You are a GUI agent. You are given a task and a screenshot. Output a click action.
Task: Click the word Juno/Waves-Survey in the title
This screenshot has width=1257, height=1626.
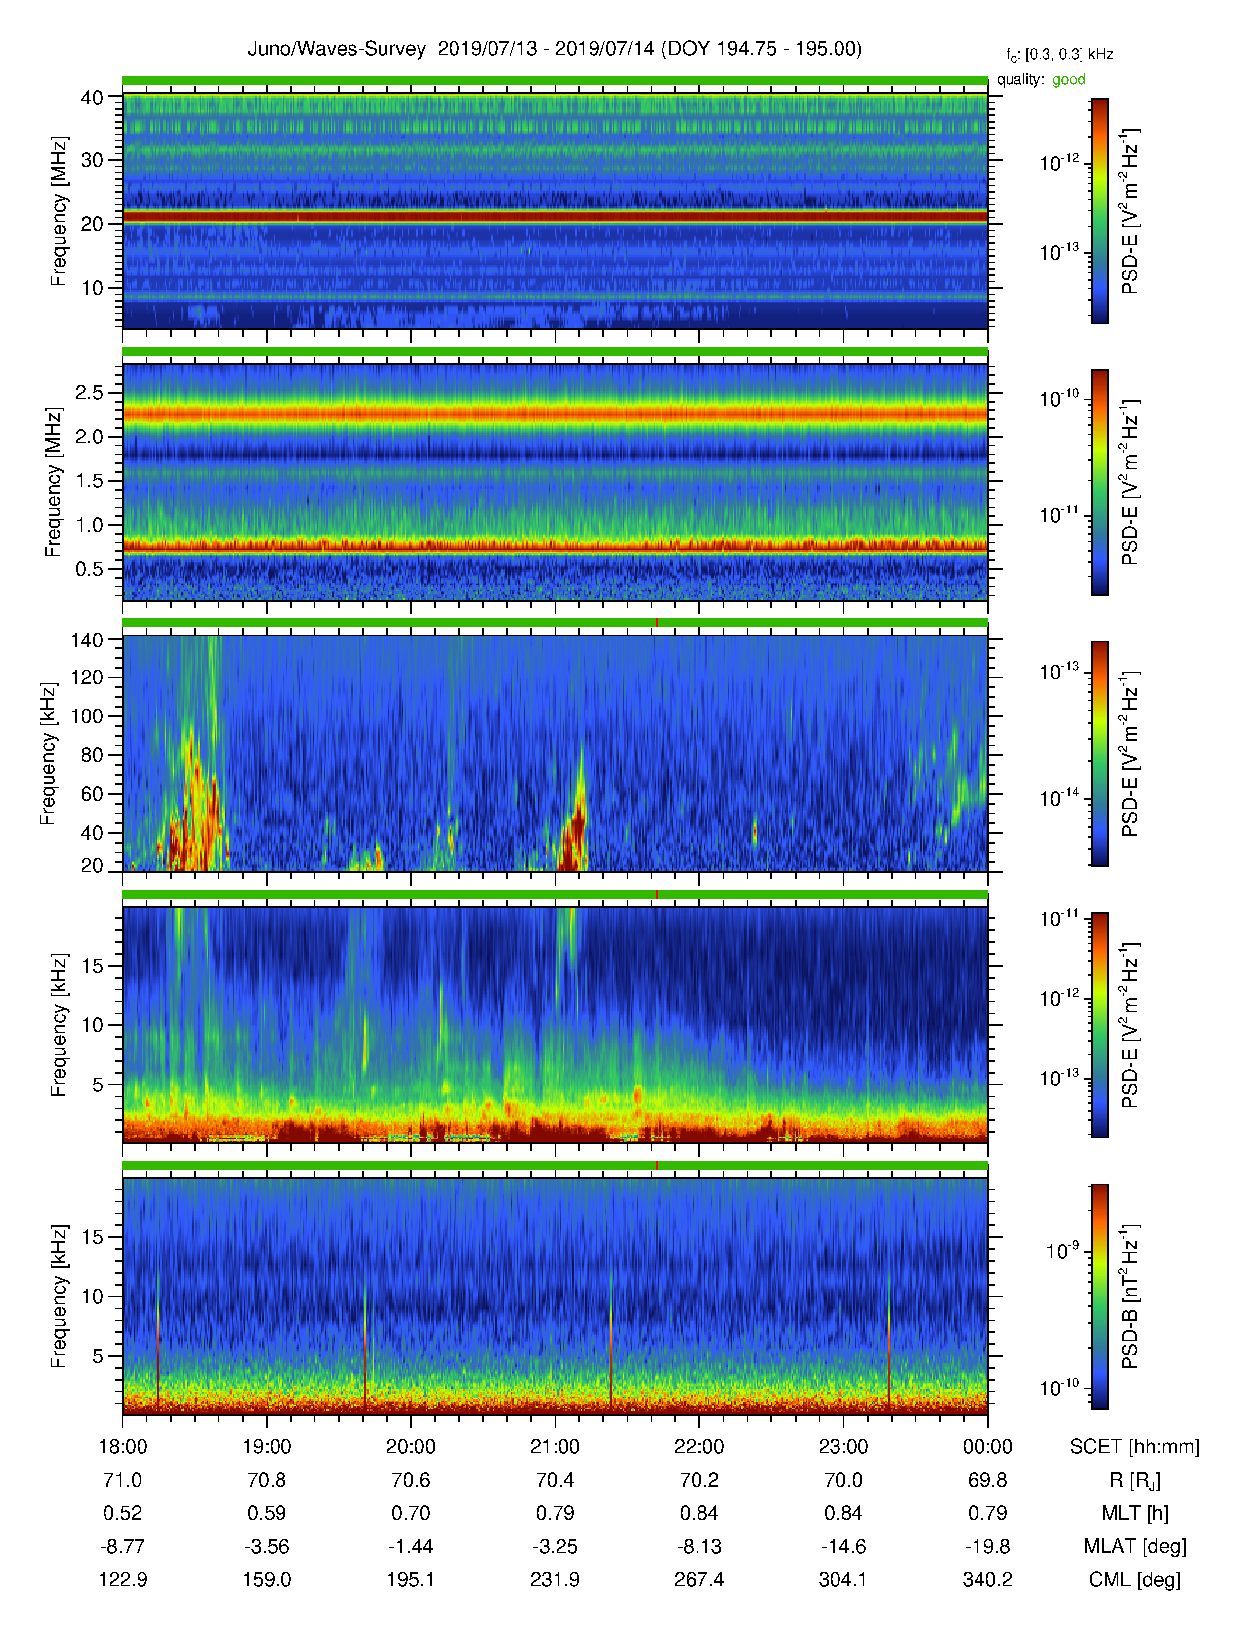click(337, 49)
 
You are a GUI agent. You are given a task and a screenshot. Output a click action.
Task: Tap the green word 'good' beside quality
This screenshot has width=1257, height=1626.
click(1069, 80)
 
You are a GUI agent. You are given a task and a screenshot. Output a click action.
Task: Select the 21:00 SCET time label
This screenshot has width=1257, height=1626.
click(555, 1447)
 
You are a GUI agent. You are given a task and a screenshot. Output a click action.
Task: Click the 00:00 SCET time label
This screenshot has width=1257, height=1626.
click(987, 1447)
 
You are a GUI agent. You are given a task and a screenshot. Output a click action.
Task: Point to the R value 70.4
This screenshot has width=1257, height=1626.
click(555, 1480)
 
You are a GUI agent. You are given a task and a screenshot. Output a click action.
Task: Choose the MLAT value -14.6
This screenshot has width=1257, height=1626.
click(843, 1546)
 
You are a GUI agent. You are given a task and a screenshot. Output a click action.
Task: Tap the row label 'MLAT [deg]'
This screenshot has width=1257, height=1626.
click(1134, 1546)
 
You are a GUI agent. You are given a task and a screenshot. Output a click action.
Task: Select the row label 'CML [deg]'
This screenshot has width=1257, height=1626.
click(1134, 1580)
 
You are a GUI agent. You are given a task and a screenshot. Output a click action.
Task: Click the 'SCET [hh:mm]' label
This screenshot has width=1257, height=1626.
click(1134, 1447)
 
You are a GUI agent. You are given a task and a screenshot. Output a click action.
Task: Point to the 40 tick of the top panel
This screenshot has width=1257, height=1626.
click(92, 98)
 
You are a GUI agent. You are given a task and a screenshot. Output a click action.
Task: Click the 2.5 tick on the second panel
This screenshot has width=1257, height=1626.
click(89, 392)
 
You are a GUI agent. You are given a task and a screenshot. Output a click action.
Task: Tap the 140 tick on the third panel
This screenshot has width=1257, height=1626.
click(86, 640)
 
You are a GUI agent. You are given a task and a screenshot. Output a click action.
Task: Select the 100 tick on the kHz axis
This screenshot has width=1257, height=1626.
click(86, 716)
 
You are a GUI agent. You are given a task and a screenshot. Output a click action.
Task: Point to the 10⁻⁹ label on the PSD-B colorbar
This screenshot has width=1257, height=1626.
click(1062, 1251)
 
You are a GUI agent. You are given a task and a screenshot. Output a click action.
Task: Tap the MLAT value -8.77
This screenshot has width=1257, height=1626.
click(122, 1546)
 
